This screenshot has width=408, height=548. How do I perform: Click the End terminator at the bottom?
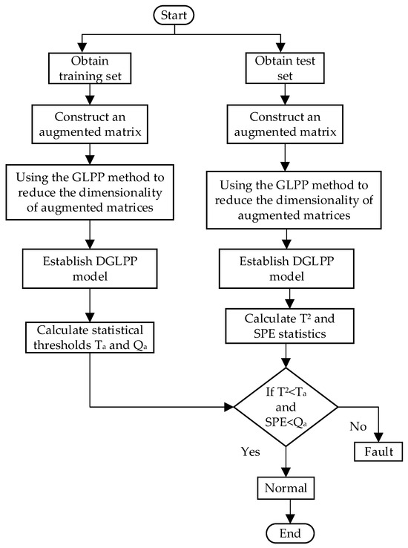[x=286, y=532]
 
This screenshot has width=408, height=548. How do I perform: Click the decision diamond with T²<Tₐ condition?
[x=286, y=406]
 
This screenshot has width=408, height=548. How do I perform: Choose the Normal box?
[x=286, y=488]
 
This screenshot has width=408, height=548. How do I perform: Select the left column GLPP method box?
[x=91, y=194]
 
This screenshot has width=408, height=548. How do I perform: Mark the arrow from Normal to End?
[x=286, y=511]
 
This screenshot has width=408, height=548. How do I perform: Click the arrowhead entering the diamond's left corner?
[x=228, y=406]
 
